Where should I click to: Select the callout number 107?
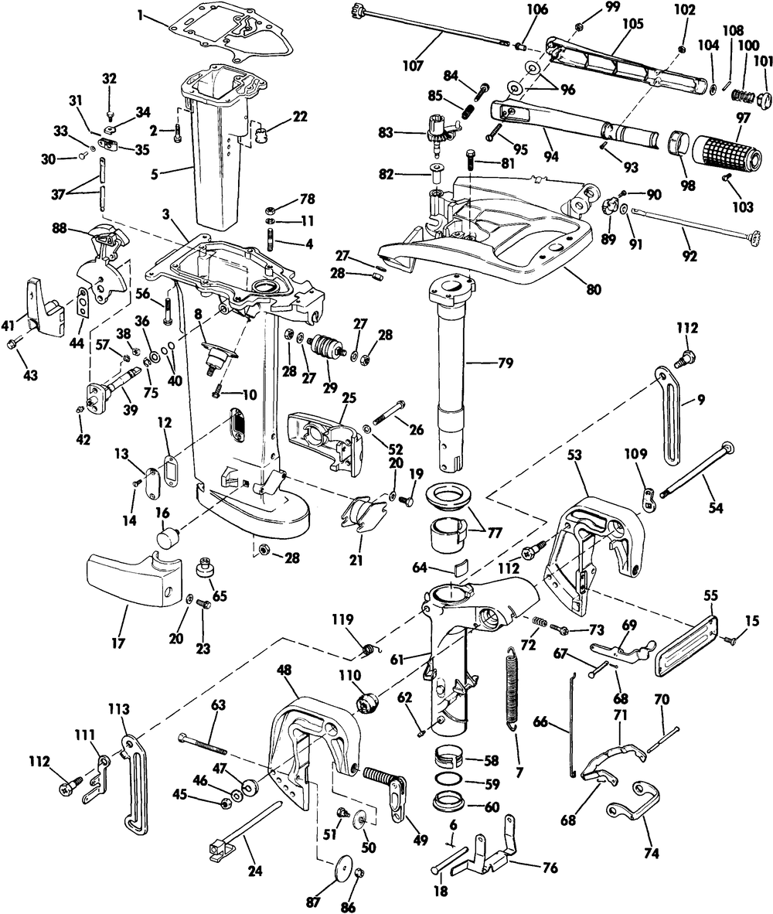414,66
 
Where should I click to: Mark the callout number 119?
342,619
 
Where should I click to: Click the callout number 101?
763,61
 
